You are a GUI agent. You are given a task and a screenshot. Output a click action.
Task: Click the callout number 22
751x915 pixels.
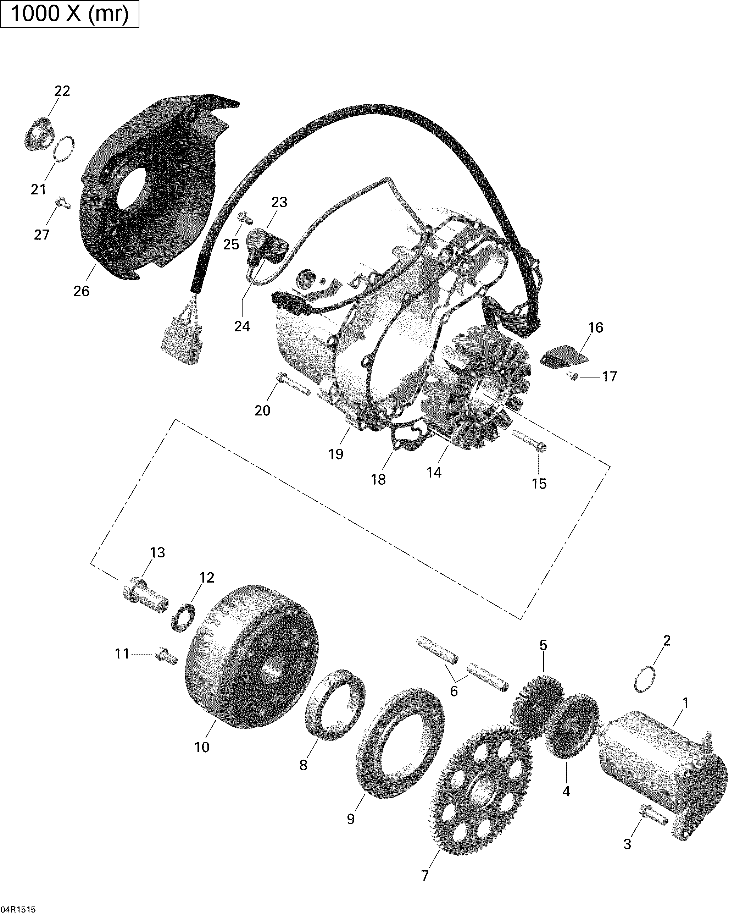tap(62, 91)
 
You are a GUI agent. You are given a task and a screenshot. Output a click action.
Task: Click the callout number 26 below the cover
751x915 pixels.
tap(81, 291)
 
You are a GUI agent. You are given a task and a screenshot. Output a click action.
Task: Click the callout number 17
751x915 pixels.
tap(610, 377)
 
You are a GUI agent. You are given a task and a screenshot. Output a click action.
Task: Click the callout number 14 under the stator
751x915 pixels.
tap(434, 473)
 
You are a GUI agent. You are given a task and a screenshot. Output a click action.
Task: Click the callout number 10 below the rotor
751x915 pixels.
tap(202, 747)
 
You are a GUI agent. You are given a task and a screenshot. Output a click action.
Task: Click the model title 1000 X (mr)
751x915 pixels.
tap(69, 14)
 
